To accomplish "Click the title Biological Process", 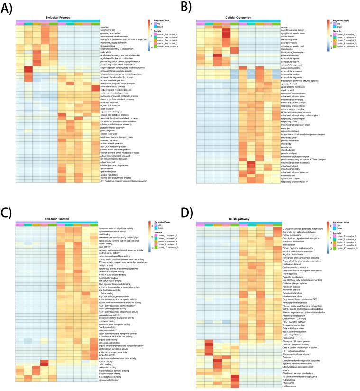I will click(58, 18).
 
